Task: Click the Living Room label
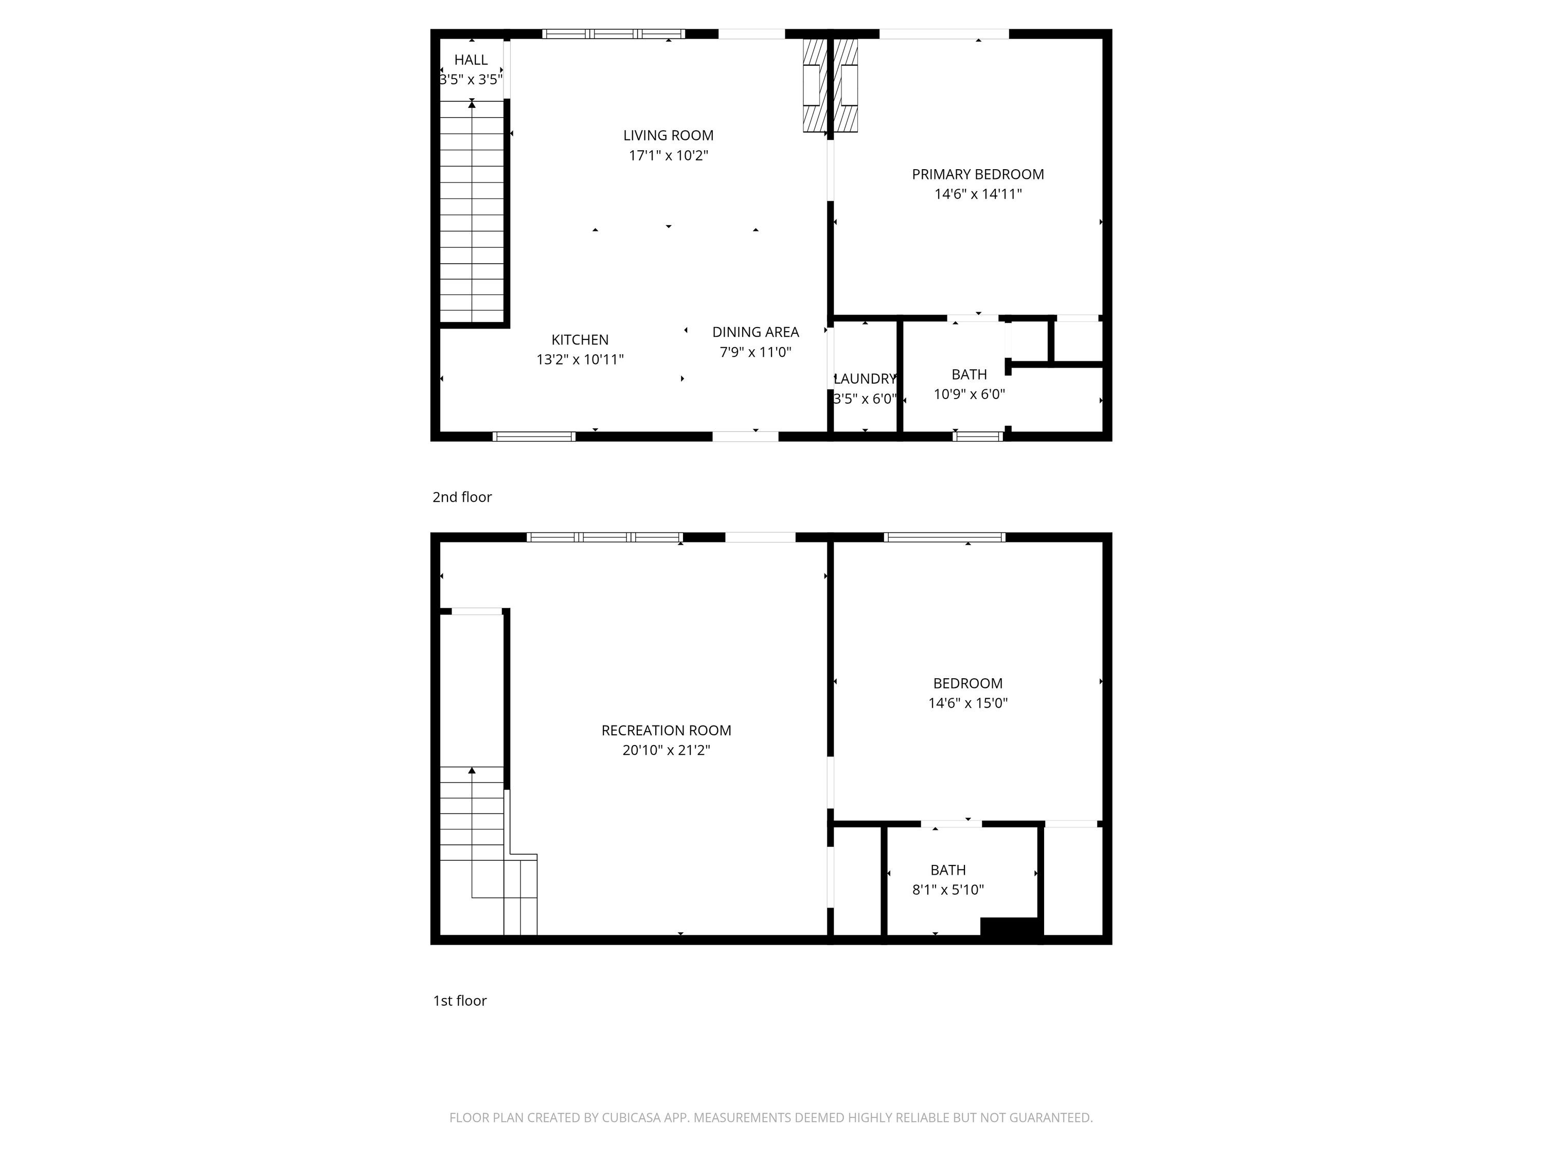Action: [x=668, y=135]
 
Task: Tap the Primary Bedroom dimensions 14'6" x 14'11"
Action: [x=978, y=194]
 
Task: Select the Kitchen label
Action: [x=580, y=339]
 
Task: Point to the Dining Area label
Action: [x=756, y=332]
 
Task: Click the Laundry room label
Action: [x=865, y=378]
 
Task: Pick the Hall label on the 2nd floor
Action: [x=471, y=60]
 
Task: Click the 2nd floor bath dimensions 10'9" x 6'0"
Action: [x=969, y=394]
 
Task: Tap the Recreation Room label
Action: [x=666, y=730]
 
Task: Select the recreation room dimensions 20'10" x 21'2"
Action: [x=666, y=750]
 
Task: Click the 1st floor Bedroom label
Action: [x=967, y=683]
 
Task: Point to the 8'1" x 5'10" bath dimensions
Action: [x=948, y=890]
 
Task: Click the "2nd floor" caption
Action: [x=462, y=497]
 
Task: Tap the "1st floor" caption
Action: [x=460, y=1001]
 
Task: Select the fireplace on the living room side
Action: [x=813, y=85]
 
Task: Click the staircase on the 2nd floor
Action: [x=472, y=211]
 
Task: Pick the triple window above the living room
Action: [x=613, y=33]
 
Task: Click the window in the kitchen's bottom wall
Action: [x=534, y=437]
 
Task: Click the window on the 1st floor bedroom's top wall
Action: [x=944, y=537]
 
